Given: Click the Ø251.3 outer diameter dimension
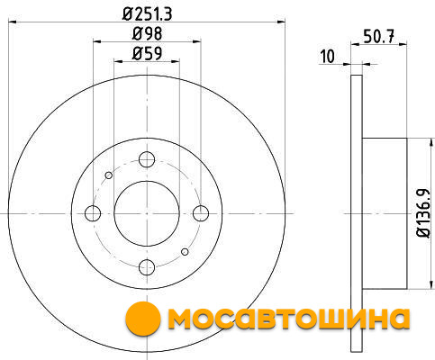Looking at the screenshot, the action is coord(147,14).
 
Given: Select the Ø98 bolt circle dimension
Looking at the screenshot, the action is coord(147,33).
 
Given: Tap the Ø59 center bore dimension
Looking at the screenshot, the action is coord(147,54).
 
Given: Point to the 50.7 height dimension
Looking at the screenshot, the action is coord(378,36).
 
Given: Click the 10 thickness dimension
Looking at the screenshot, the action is coord(328,57).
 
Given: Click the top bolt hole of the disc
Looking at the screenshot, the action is coord(147,159).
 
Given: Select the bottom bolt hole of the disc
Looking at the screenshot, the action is coord(147,267).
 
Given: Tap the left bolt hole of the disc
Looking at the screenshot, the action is coord(93,213).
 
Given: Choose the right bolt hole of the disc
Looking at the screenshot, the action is coord(201,213).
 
